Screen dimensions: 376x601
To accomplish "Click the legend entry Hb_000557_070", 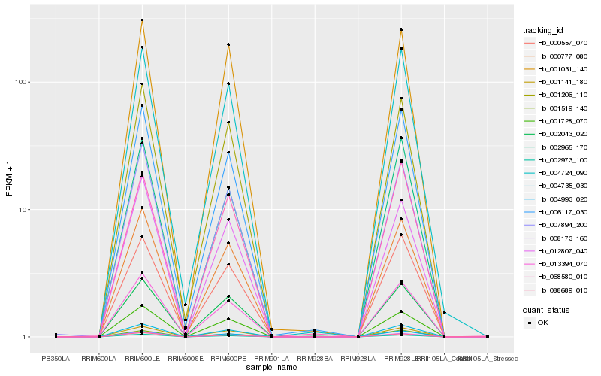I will pos(556,44).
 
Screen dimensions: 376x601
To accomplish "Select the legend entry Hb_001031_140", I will pos(556,69).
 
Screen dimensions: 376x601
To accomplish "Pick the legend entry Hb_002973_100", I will pos(556,159).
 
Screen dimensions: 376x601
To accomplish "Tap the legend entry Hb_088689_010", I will pos(556,289).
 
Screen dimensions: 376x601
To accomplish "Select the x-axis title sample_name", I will pos(271,368).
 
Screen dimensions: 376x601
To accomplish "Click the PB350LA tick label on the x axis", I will pos(56,359).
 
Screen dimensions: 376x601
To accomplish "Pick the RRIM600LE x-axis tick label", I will pos(142,359).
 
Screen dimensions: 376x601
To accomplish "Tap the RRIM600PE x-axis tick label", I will pos(228,359).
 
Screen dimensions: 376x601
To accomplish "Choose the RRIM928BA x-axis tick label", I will pos(315,359).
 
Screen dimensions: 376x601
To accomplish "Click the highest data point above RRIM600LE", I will pos(142,20).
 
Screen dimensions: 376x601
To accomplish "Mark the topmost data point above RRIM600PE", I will pos(228,44).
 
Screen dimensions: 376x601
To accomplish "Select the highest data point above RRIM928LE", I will pos(401,29).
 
